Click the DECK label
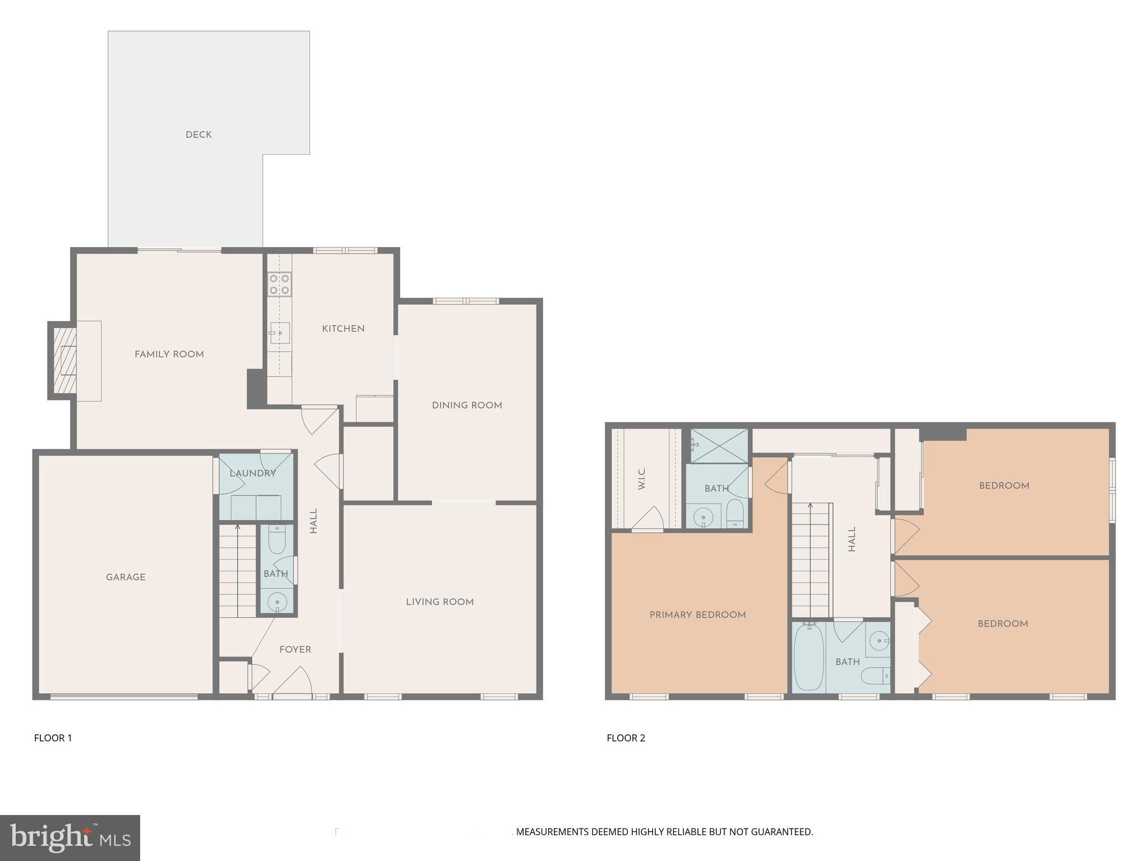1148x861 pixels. pos(198,135)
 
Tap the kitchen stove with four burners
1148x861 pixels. pos(279,284)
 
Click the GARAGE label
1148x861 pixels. pos(126,577)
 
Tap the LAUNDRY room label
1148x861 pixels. pos(253,473)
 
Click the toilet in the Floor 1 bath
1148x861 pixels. pos(277,540)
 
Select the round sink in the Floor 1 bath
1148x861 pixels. pos(277,603)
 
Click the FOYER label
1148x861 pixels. pos(295,650)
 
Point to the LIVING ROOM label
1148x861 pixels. pos(440,602)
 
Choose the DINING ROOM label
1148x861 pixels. pos(467,405)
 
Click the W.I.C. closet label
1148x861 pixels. pos(642,478)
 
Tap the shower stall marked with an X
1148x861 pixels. pos(719,446)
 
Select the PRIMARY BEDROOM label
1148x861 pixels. pos(697,615)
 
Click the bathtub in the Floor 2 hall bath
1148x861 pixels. pos(808,657)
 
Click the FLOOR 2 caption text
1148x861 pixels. pos(626,738)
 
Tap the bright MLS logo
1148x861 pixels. pos(70,837)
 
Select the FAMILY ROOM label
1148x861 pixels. pos(169,354)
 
